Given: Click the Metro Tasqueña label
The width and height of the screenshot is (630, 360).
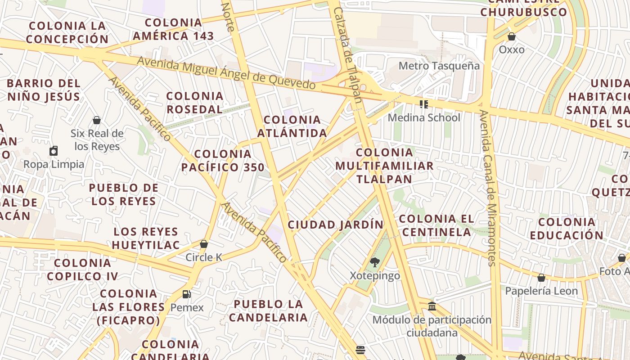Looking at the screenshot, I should click(x=439, y=66).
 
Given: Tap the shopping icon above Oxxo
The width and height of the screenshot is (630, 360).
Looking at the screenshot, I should click(x=511, y=36).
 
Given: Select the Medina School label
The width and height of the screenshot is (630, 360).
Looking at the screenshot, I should click(x=424, y=117).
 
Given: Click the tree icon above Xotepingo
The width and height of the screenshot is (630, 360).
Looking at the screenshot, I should click(x=374, y=262).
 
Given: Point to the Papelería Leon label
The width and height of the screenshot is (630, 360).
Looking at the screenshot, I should click(x=541, y=291).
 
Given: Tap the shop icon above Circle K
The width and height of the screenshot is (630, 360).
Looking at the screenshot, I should click(x=204, y=244).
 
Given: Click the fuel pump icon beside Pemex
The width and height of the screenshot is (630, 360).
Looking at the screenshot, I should click(x=186, y=294).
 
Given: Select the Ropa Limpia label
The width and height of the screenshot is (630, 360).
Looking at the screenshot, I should click(x=54, y=164).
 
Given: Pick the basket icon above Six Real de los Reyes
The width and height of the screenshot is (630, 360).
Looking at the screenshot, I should click(x=96, y=120).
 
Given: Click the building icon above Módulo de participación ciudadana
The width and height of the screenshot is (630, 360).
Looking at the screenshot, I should click(x=432, y=306).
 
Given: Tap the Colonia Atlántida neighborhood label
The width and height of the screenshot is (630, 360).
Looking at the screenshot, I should click(x=292, y=126).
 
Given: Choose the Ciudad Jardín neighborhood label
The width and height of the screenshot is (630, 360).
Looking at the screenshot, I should click(x=336, y=225).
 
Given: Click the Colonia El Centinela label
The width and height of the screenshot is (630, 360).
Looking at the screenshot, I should click(x=436, y=225).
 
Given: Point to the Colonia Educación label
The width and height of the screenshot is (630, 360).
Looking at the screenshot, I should click(x=567, y=229).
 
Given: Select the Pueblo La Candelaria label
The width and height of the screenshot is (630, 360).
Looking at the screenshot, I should click(x=269, y=310).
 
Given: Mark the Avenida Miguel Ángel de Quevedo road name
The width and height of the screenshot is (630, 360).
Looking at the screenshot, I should click(x=226, y=73).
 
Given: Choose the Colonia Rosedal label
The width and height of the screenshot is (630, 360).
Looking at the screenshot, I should click(x=195, y=103).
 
